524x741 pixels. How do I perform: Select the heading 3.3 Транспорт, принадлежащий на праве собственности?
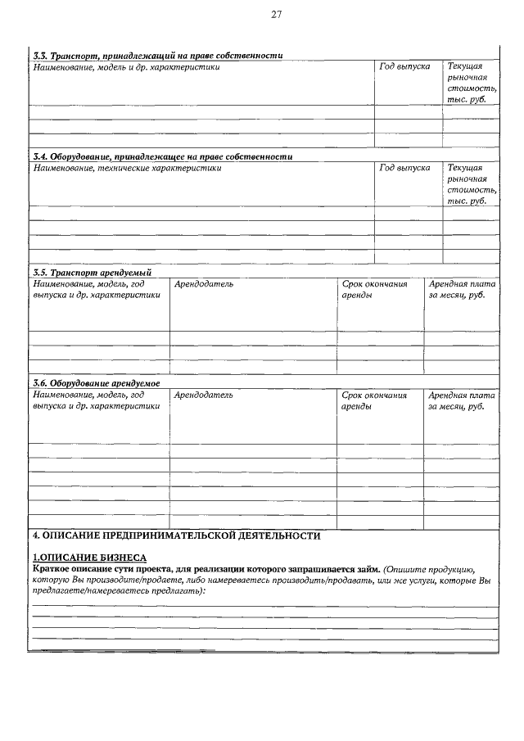[157, 56]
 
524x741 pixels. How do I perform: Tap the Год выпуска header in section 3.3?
[405, 66]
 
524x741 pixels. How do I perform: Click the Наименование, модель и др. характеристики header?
[126, 66]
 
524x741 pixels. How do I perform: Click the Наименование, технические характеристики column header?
[127, 167]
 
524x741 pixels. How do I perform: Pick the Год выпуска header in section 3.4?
[405, 167]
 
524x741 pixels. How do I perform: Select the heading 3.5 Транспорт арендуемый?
[92, 272]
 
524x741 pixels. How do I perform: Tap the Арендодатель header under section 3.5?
[204, 283]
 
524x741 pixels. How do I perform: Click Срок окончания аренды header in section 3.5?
[374, 289]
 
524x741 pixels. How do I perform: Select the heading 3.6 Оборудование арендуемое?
[96, 383]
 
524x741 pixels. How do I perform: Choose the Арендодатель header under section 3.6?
[204, 395]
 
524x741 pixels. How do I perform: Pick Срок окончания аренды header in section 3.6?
[374, 400]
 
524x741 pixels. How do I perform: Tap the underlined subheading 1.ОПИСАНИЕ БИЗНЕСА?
[88, 557]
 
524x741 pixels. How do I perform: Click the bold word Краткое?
[52, 567]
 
